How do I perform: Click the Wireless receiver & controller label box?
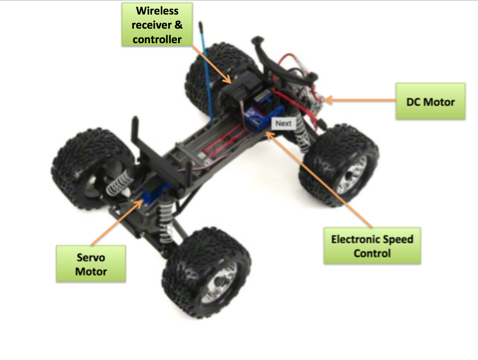[x=157, y=24]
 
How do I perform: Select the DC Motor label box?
[x=431, y=101]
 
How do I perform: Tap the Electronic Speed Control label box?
[x=372, y=246]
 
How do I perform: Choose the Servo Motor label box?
[x=91, y=264]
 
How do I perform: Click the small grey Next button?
[x=283, y=123]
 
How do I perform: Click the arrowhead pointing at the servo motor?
[x=139, y=204]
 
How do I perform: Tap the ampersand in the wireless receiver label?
[x=178, y=24]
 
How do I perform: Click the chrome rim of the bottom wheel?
[x=219, y=283]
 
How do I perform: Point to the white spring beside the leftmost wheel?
[x=120, y=182]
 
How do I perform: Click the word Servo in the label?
[x=91, y=257]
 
